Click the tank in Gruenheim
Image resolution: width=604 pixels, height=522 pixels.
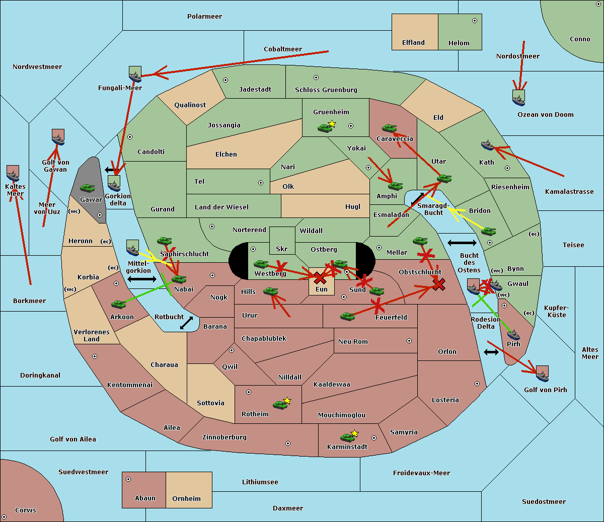[325, 128]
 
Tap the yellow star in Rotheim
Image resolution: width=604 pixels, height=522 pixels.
[287, 400]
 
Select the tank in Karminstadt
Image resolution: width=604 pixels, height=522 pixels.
[347, 437]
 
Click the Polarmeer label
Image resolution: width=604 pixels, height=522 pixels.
[204, 17]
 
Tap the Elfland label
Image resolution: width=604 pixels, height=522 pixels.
[413, 43]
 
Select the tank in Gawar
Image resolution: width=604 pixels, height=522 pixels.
[88, 188]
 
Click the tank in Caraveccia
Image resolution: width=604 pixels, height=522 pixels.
[389, 128]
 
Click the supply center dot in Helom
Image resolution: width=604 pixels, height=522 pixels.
[475, 21]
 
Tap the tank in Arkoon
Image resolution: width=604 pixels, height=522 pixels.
[119, 304]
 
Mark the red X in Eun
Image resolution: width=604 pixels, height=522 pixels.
[320, 278]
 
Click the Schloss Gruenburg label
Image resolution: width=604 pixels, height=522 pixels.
[326, 90]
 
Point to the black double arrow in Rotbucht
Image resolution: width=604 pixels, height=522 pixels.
[187, 323]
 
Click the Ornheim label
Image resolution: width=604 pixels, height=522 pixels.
[186, 498]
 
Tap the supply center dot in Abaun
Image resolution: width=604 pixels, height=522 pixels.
[128, 479]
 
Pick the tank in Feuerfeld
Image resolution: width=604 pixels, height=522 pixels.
[347, 316]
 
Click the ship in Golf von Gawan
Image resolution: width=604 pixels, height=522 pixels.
[58, 137]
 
